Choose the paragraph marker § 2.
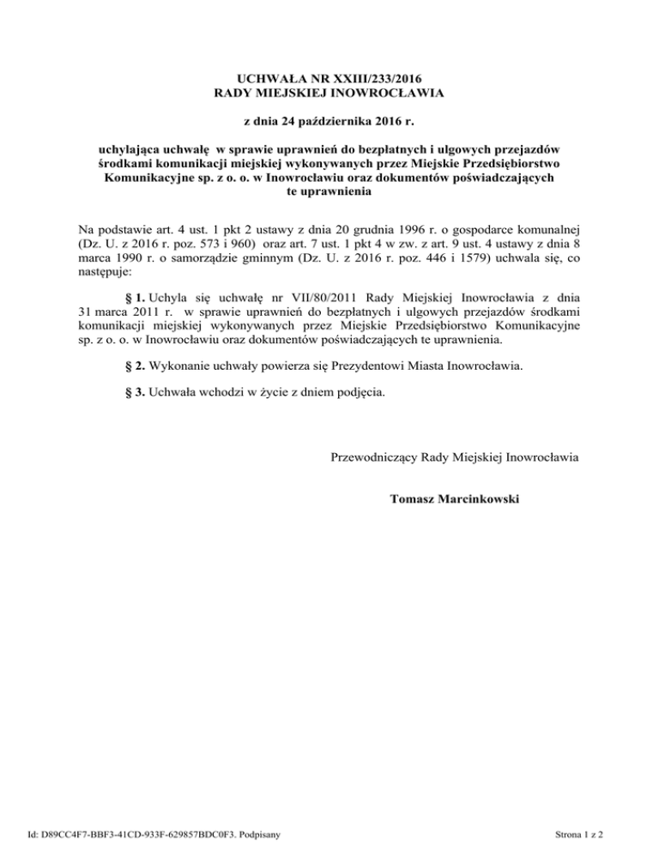[x=132, y=366]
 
